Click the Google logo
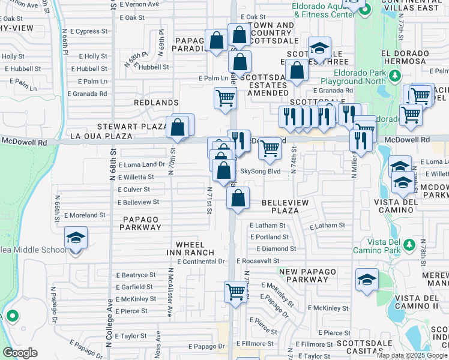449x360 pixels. [20, 353]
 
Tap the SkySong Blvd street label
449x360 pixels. [261, 172]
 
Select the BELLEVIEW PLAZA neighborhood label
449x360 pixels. [285, 206]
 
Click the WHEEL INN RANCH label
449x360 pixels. [194, 248]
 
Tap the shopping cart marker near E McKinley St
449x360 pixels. [236, 293]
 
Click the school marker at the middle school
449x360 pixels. [76, 238]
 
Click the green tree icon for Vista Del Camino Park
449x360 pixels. [410, 245]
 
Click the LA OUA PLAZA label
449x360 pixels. [101, 136]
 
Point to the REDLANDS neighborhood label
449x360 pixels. [156, 103]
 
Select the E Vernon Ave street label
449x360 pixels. [139, 4]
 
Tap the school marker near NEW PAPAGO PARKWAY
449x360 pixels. [367, 280]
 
